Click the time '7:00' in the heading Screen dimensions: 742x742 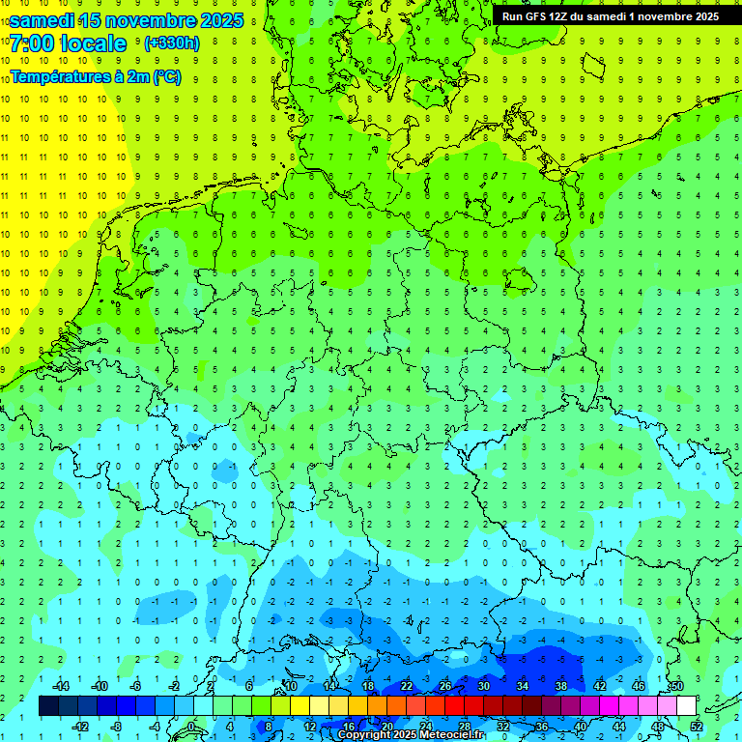33,43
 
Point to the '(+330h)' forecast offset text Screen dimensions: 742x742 171,43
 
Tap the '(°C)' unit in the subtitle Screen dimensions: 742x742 167,76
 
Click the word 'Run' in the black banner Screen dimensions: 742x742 512,16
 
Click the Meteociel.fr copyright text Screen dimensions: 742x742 411,735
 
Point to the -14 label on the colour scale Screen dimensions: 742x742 59,686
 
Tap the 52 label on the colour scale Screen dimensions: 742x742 697,726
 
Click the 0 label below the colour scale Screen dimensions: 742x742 192,726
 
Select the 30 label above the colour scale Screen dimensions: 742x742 483,686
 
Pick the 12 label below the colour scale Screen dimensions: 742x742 309,726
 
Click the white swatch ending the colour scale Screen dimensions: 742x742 686,706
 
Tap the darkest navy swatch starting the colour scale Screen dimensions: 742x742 48,706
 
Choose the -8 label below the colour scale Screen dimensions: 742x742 117,726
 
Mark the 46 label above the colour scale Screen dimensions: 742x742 639,686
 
